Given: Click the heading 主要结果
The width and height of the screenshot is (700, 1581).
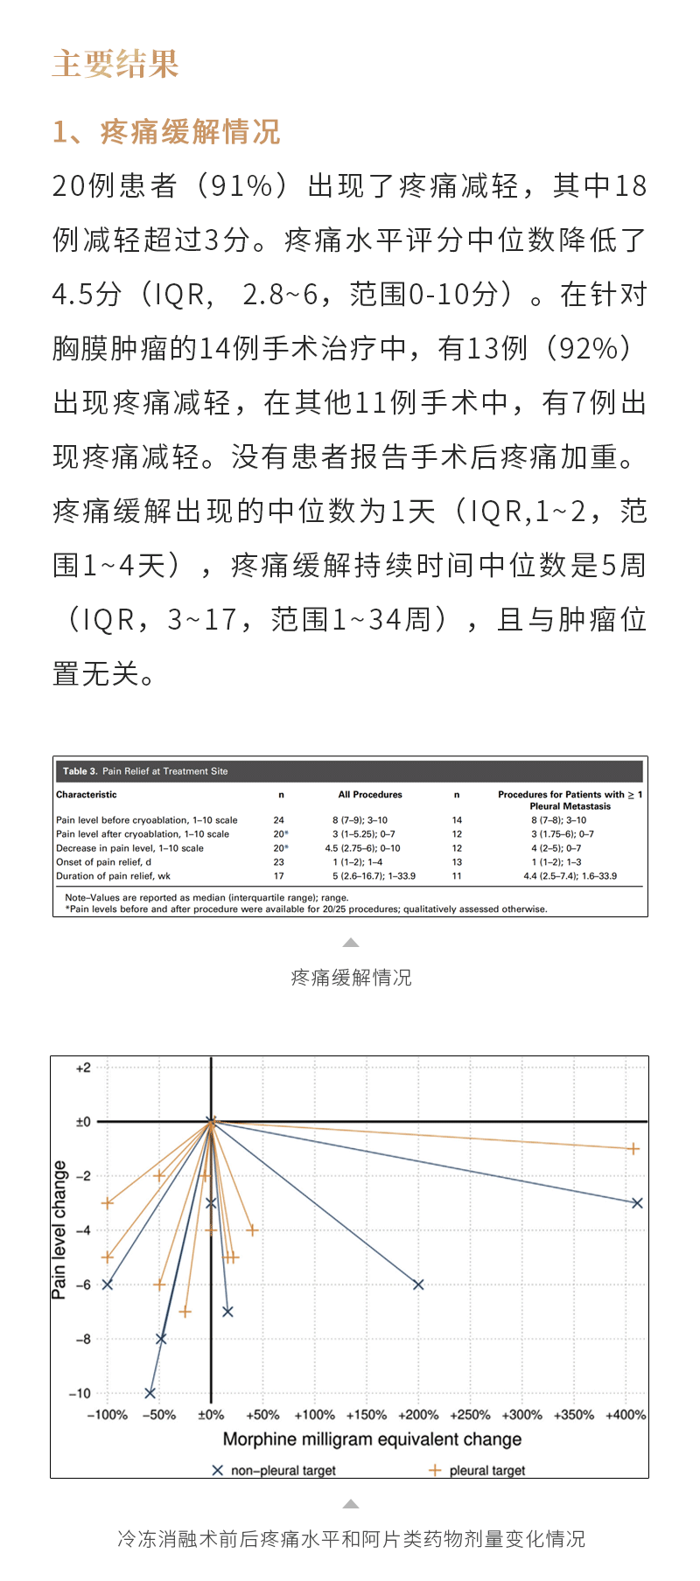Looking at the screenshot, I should pos(115,64).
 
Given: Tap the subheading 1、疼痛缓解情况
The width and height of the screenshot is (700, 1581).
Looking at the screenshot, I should pos(166,132).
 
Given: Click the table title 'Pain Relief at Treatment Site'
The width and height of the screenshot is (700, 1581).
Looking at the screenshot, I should pos(164,771).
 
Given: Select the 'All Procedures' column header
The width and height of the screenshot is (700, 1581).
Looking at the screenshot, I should pos(370,795).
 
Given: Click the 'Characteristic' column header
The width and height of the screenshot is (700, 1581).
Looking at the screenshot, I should pos(87,795).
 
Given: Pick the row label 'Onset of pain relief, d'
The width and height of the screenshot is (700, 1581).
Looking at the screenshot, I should pos(104,862).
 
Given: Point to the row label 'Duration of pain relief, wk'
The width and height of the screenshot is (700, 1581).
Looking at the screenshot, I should pos(114,876).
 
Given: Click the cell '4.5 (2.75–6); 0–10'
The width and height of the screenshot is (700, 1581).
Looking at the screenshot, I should pos(362,848).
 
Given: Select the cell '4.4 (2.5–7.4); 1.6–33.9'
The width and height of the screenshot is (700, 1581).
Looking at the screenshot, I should pos(570,876).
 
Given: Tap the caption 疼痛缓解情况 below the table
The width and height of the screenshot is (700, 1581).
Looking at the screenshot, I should pos(351,978).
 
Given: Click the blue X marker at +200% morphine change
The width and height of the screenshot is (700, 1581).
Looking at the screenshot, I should pos(418,1285).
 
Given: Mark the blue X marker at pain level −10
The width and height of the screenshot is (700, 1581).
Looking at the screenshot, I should pos(150,1393).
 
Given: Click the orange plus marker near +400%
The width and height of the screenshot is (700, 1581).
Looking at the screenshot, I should pos(633,1149).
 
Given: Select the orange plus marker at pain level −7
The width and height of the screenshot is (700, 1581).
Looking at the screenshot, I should pos(185,1312).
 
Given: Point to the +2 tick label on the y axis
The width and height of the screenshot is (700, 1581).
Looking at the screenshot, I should pos(83,1068).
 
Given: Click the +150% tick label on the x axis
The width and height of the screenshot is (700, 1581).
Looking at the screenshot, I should pos(366,1415).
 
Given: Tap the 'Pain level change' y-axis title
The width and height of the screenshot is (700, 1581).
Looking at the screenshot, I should pos(59,1229).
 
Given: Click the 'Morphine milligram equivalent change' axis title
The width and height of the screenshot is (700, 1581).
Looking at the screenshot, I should pos(372,1439).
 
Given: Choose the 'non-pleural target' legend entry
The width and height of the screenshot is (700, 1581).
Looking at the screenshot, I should pos(274,1471).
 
